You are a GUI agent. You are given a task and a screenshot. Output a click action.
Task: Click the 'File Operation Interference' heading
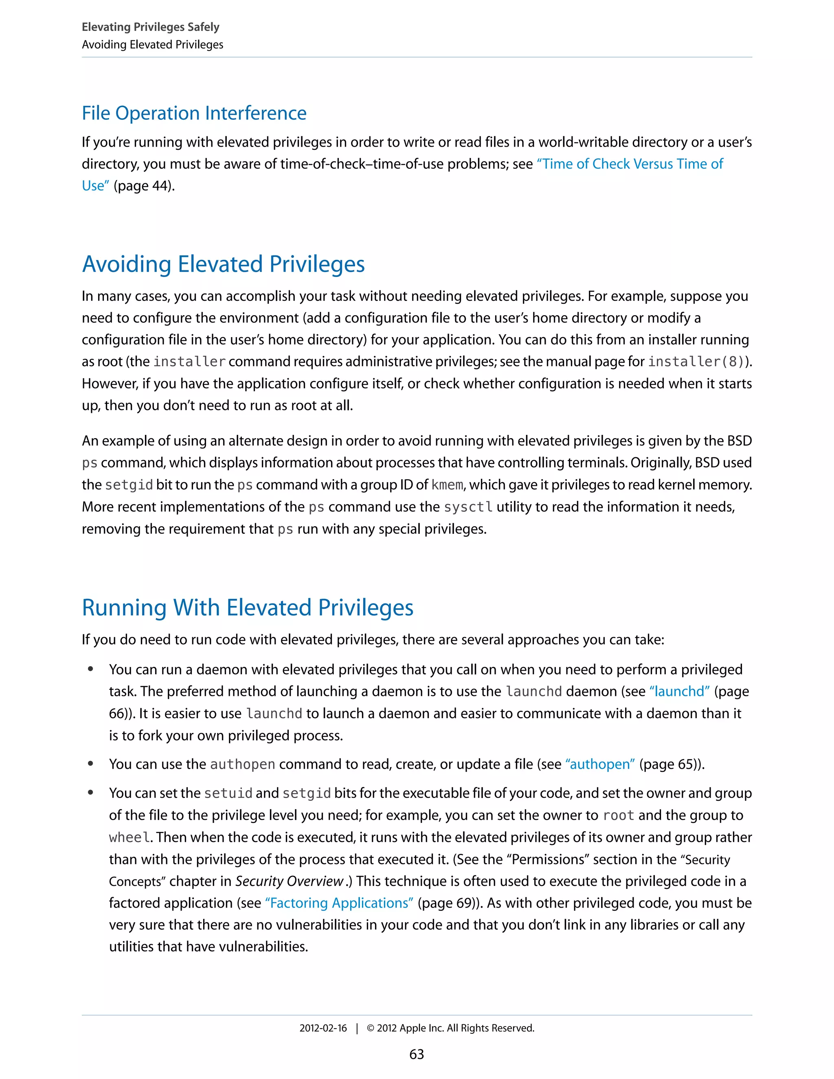point(194,113)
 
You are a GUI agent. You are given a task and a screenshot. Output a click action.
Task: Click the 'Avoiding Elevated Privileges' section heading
point(223,264)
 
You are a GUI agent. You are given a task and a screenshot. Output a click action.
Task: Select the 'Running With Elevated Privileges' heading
point(248,607)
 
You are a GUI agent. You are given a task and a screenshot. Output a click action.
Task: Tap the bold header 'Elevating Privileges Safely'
point(150,27)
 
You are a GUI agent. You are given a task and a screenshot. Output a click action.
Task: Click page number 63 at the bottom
point(417,1054)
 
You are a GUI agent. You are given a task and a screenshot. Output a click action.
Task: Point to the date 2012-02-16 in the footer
point(323,1028)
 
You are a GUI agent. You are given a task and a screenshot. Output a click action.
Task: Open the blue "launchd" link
point(679,691)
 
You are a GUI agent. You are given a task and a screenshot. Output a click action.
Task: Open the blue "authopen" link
point(600,764)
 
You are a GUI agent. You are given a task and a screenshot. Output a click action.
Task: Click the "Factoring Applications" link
point(339,903)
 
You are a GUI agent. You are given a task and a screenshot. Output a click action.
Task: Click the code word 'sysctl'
point(468,507)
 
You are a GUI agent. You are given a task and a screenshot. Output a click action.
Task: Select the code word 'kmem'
point(447,485)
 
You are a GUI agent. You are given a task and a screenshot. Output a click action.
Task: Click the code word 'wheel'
point(129,838)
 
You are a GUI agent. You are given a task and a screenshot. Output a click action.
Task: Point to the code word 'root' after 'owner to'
point(618,815)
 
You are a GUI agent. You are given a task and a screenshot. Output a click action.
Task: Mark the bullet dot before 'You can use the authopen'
point(90,763)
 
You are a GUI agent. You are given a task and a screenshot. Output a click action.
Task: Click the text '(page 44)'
point(144,186)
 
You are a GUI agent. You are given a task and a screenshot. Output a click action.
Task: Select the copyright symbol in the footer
point(370,1028)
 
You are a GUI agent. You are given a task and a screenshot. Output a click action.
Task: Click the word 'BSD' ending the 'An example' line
point(739,441)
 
